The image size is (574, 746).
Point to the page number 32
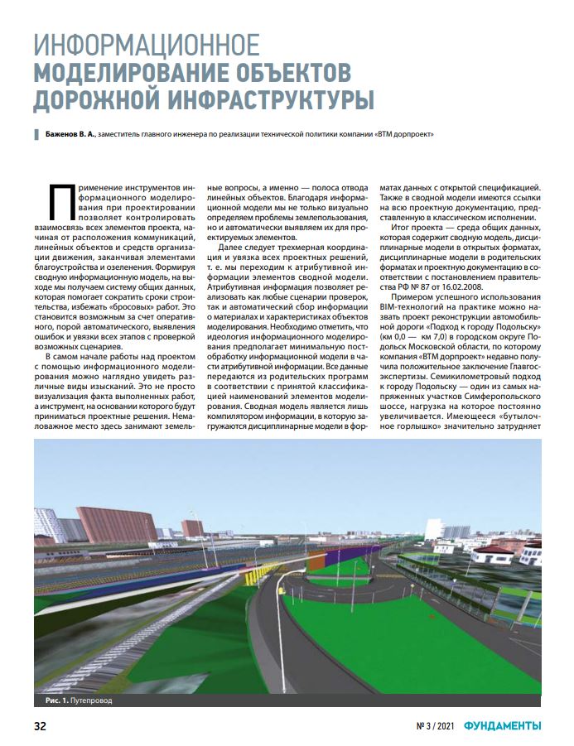tap(39, 727)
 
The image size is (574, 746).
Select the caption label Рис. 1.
tap(55, 700)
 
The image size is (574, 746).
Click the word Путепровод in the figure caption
tap(89, 700)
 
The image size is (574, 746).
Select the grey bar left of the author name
tap(35, 133)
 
